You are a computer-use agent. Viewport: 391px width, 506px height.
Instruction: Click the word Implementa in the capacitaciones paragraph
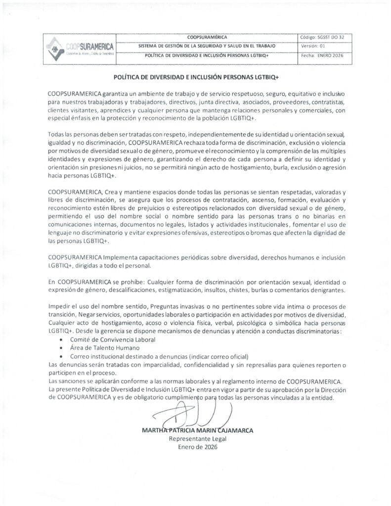pos(121,257)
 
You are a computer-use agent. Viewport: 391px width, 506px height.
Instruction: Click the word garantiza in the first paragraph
pos(120,93)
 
